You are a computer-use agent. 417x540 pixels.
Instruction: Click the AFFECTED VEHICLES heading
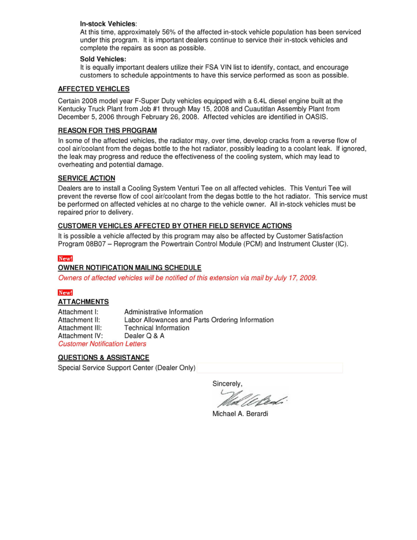94,89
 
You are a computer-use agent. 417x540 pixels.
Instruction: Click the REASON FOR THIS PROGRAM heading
107,131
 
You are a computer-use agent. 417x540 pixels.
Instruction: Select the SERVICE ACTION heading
86,178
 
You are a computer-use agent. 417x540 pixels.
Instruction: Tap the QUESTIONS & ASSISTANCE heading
104,358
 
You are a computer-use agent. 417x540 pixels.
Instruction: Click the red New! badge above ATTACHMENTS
65,293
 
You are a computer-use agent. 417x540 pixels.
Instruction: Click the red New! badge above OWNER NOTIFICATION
65,259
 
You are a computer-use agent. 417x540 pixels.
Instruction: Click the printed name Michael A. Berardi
240,414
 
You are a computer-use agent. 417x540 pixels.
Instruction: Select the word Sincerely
227,384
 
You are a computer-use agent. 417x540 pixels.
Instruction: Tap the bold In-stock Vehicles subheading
108,24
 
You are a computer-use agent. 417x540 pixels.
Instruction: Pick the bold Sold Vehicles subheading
103,59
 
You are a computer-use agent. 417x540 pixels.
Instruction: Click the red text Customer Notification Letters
102,344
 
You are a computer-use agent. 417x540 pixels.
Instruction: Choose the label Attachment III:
80,328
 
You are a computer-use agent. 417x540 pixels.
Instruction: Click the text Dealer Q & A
144,336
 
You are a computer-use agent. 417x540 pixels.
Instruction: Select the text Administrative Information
164,312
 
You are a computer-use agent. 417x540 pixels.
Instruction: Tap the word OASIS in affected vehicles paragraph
315,117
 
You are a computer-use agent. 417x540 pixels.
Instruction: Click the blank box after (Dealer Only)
270,368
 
